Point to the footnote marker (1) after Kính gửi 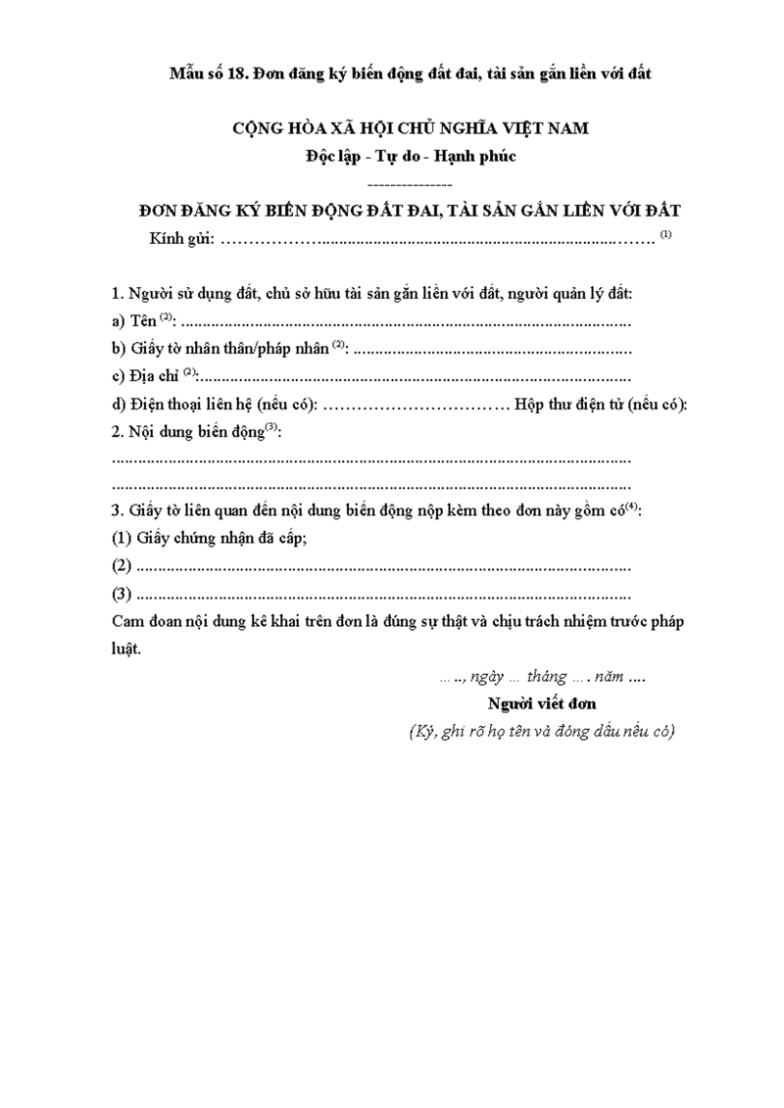[666, 234]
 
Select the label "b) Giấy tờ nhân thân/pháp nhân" [221, 348]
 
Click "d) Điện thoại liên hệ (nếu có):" [215, 404]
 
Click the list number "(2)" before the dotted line [122, 565]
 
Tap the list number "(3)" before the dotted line [122, 594]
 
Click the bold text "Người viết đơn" [542, 703]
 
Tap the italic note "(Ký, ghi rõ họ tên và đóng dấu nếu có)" [542, 732]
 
